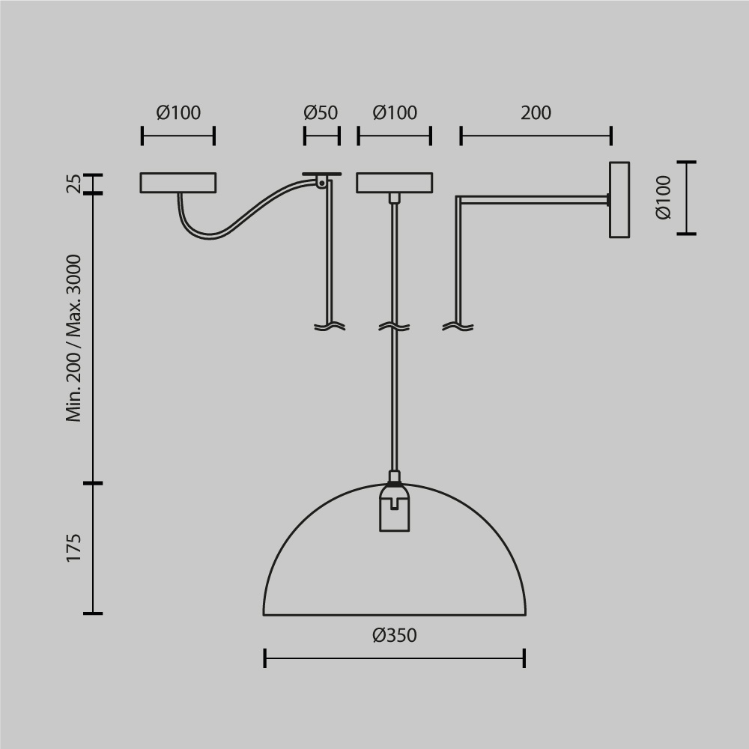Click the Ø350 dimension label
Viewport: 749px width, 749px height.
click(394, 636)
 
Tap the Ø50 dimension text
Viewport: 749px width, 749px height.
click(321, 113)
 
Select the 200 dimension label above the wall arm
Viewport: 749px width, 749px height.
click(536, 113)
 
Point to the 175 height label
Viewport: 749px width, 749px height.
click(73, 548)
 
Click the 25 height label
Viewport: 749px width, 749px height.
click(73, 184)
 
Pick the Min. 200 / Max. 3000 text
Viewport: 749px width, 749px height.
click(73, 338)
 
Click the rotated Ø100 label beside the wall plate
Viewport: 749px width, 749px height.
click(664, 198)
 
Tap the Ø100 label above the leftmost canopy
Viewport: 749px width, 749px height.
click(178, 113)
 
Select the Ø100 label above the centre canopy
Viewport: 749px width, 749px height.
click(395, 113)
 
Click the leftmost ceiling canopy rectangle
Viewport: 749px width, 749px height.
click(178, 183)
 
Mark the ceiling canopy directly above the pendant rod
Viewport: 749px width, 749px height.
click(395, 183)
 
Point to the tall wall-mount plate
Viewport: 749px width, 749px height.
click(619, 200)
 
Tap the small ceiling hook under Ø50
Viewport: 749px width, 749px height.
click(321, 180)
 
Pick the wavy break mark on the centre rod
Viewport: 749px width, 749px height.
click(395, 327)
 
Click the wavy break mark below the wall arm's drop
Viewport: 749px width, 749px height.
click(458, 327)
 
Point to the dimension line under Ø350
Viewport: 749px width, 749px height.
click(394, 659)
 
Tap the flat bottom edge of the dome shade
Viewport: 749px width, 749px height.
click(394, 615)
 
